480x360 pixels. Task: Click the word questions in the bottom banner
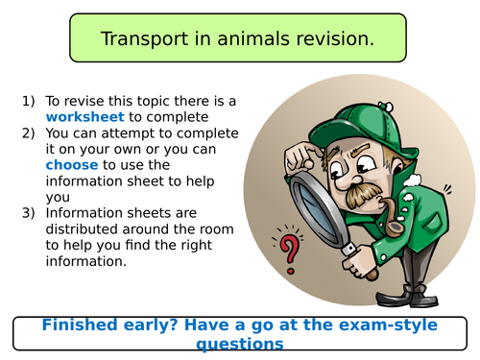[239, 343]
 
